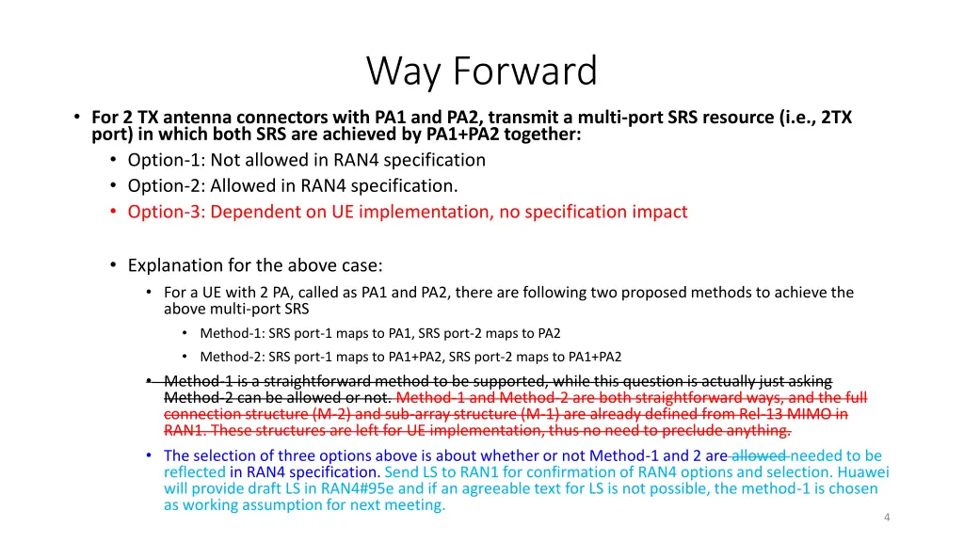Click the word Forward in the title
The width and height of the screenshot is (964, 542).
pyautogui.click(x=525, y=70)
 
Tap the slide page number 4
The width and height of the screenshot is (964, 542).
pyautogui.click(x=887, y=518)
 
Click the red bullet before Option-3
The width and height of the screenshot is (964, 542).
pyautogui.click(x=113, y=212)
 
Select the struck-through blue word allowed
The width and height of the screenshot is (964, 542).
pyautogui.click(x=760, y=455)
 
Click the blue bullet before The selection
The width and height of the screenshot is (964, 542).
pyautogui.click(x=149, y=455)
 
